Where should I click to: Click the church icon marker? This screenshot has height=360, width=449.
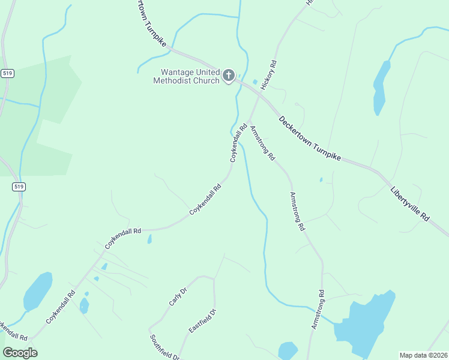(228, 76)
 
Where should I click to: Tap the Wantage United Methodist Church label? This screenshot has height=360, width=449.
(185, 76)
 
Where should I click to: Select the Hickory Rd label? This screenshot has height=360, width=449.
(268, 75)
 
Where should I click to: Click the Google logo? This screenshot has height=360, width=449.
(20, 353)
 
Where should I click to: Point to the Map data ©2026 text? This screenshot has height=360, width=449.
(423, 355)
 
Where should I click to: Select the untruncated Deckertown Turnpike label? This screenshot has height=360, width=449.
(310, 138)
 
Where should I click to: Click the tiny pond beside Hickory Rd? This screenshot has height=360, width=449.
(255, 82)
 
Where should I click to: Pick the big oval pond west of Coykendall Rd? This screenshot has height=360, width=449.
(38, 291)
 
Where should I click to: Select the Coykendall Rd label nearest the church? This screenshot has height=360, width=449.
(238, 143)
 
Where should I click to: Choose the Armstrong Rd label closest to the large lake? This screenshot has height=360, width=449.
(318, 309)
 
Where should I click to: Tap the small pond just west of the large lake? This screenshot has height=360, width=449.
(288, 350)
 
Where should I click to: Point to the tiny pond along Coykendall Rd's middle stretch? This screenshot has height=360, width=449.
(149, 239)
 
